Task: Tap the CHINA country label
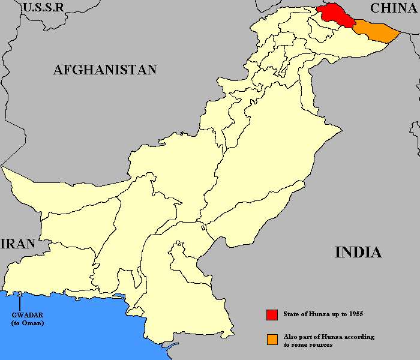394,8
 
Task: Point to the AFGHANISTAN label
105,70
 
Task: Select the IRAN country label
18,244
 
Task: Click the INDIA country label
358,252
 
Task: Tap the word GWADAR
24,315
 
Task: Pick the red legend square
272,314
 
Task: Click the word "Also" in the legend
292,337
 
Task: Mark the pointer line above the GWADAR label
20,301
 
